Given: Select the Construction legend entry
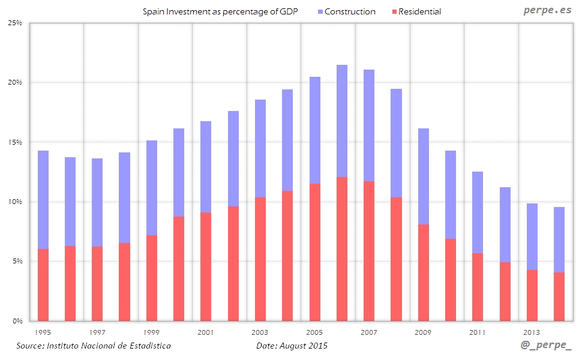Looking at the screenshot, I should point(350,12).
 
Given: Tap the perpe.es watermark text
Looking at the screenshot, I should point(548,10).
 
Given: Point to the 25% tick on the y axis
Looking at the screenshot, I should point(15,23).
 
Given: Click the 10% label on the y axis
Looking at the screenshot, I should point(15,202).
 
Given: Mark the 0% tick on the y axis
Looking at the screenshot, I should point(17,321).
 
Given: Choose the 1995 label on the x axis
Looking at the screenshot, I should point(43,332).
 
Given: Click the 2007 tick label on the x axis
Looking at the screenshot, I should point(369,332).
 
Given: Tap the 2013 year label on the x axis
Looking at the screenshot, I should point(532,332).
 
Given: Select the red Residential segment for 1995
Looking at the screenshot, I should point(43,285).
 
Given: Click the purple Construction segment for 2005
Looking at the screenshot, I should point(315,130).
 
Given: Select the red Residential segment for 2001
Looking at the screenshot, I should point(206,266).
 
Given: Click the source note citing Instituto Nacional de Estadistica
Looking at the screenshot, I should point(94,346).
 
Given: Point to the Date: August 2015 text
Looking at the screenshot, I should point(292,346).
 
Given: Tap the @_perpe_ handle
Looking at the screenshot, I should point(547,347).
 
